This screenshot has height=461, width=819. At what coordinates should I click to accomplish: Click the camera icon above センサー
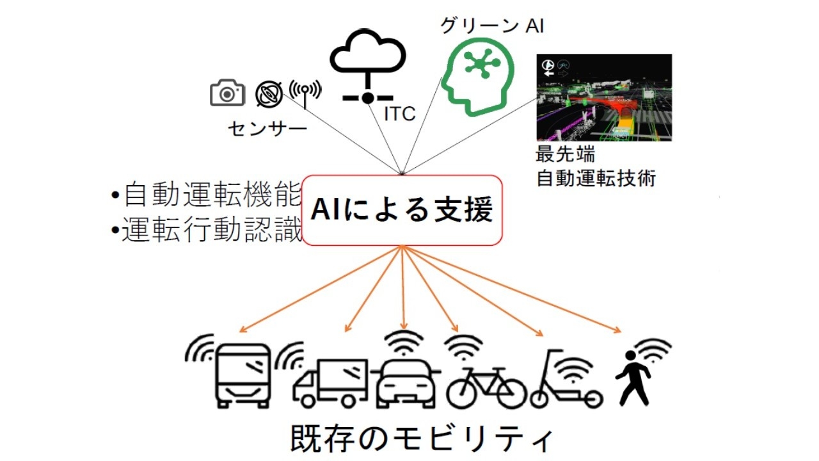point(227,93)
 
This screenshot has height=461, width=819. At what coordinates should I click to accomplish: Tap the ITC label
point(399,114)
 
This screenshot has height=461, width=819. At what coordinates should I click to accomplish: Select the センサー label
point(267,129)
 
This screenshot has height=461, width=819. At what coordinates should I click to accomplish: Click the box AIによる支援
point(402,210)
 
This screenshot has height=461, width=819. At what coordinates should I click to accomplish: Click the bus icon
point(243,375)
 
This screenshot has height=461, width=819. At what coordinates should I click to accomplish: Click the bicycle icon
point(486,387)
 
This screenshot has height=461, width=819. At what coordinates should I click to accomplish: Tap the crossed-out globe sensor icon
point(268,94)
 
